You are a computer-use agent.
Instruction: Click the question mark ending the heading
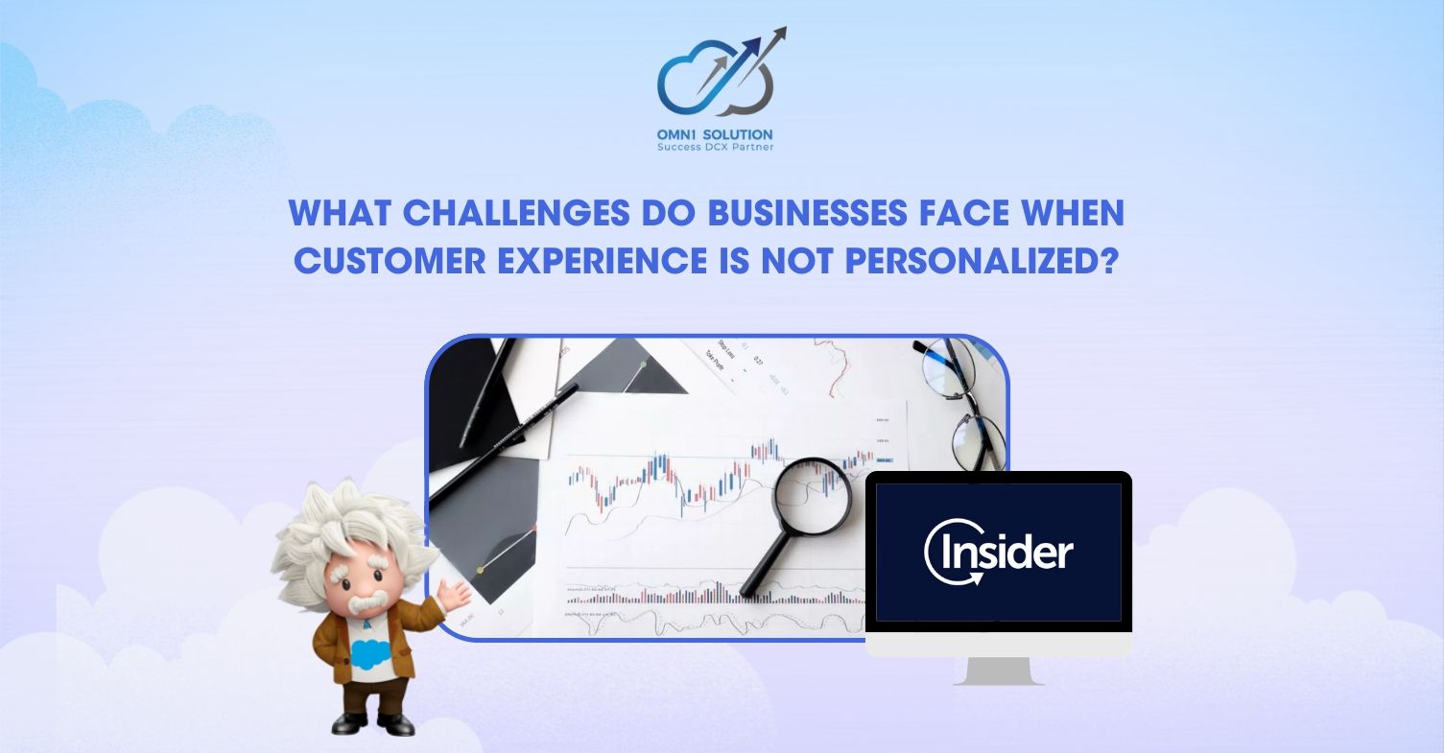(1111, 261)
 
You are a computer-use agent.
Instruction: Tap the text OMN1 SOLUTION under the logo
(715, 134)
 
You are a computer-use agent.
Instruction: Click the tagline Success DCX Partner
(715, 147)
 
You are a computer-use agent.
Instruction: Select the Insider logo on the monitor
(999, 552)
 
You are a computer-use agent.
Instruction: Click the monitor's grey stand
(999, 670)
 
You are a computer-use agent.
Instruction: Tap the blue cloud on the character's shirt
(368, 653)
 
